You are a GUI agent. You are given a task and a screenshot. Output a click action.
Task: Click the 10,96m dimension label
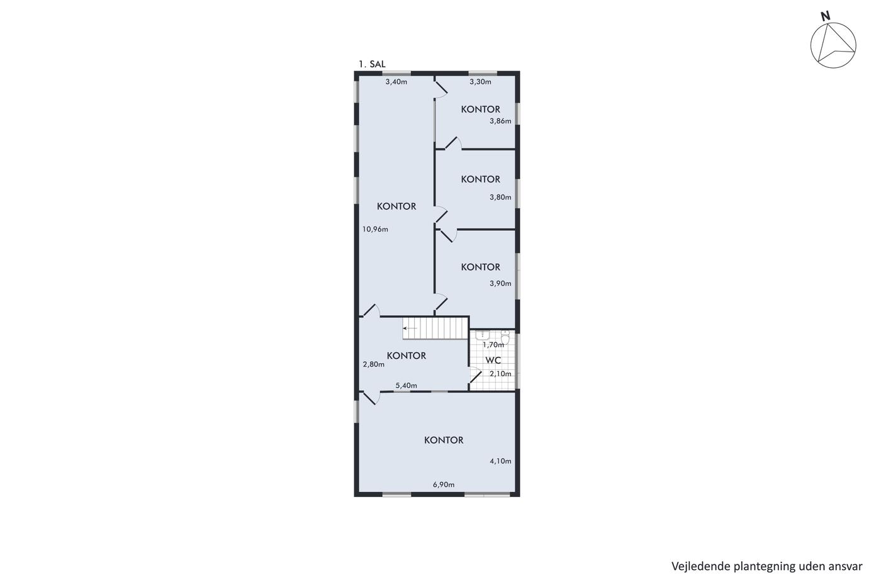pos(375,229)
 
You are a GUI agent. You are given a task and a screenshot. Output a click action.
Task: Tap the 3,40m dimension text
pos(396,82)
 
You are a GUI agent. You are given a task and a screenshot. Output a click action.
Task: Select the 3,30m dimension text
pos(480,82)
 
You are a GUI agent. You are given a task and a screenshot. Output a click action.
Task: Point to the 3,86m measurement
pos(500,121)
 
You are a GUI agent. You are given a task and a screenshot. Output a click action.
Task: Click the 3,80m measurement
pos(500,198)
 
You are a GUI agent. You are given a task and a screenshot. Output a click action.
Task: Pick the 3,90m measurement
pos(500,284)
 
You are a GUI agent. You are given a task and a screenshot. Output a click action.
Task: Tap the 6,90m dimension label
pos(444,485)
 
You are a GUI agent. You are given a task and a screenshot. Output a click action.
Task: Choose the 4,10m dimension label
pos(500,461)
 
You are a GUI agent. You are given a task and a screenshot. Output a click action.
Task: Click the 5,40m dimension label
pos(407,386)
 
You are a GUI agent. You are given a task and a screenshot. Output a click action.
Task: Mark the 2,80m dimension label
pos(374,364)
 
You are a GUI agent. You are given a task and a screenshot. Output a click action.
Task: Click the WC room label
pos(493,361)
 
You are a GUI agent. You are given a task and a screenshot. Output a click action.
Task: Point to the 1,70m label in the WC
pos(493,345)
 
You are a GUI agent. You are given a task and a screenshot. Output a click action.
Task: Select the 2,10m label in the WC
pos(500,374)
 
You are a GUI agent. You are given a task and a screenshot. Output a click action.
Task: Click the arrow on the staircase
pos(410,328)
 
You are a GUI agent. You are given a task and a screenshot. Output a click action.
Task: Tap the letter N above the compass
pos(825,16)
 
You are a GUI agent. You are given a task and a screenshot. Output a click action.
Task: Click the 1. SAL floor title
pos(372,64)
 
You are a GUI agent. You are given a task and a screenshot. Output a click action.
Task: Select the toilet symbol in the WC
pos(505,337)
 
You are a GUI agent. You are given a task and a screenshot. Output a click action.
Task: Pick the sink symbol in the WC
pos(482,335)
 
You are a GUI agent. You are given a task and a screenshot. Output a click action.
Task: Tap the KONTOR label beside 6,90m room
pos(444,440)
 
